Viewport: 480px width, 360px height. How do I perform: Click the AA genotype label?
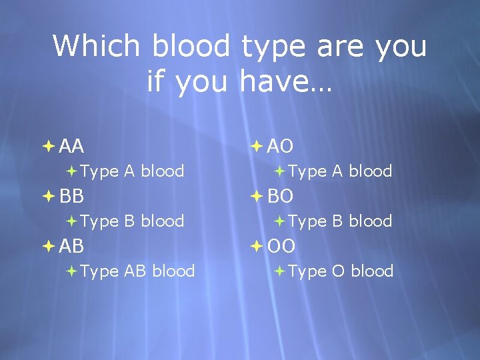[x=71, y=146]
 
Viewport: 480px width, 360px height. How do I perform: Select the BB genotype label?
[x=71, y=196]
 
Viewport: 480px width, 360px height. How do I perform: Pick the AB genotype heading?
[x=71, y=246]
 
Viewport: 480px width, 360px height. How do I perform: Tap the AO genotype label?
[x=281, y=146]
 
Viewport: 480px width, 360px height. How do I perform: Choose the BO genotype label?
[x=281, y=196]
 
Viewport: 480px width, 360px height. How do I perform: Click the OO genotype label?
[x=281, y=246]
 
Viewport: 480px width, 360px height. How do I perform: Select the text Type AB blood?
[x=137, y=271]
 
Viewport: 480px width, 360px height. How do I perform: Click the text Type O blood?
[x=341, y=271]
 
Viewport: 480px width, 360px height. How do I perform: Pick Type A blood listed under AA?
[x=132, y=171]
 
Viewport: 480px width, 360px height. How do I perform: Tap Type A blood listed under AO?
[x=340, y=171]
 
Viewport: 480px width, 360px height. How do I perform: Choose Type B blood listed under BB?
[x=132, y=221]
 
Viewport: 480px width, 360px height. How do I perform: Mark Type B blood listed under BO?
[x=340, y=221]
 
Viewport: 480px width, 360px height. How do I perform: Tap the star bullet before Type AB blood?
[x=71, y=271]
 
